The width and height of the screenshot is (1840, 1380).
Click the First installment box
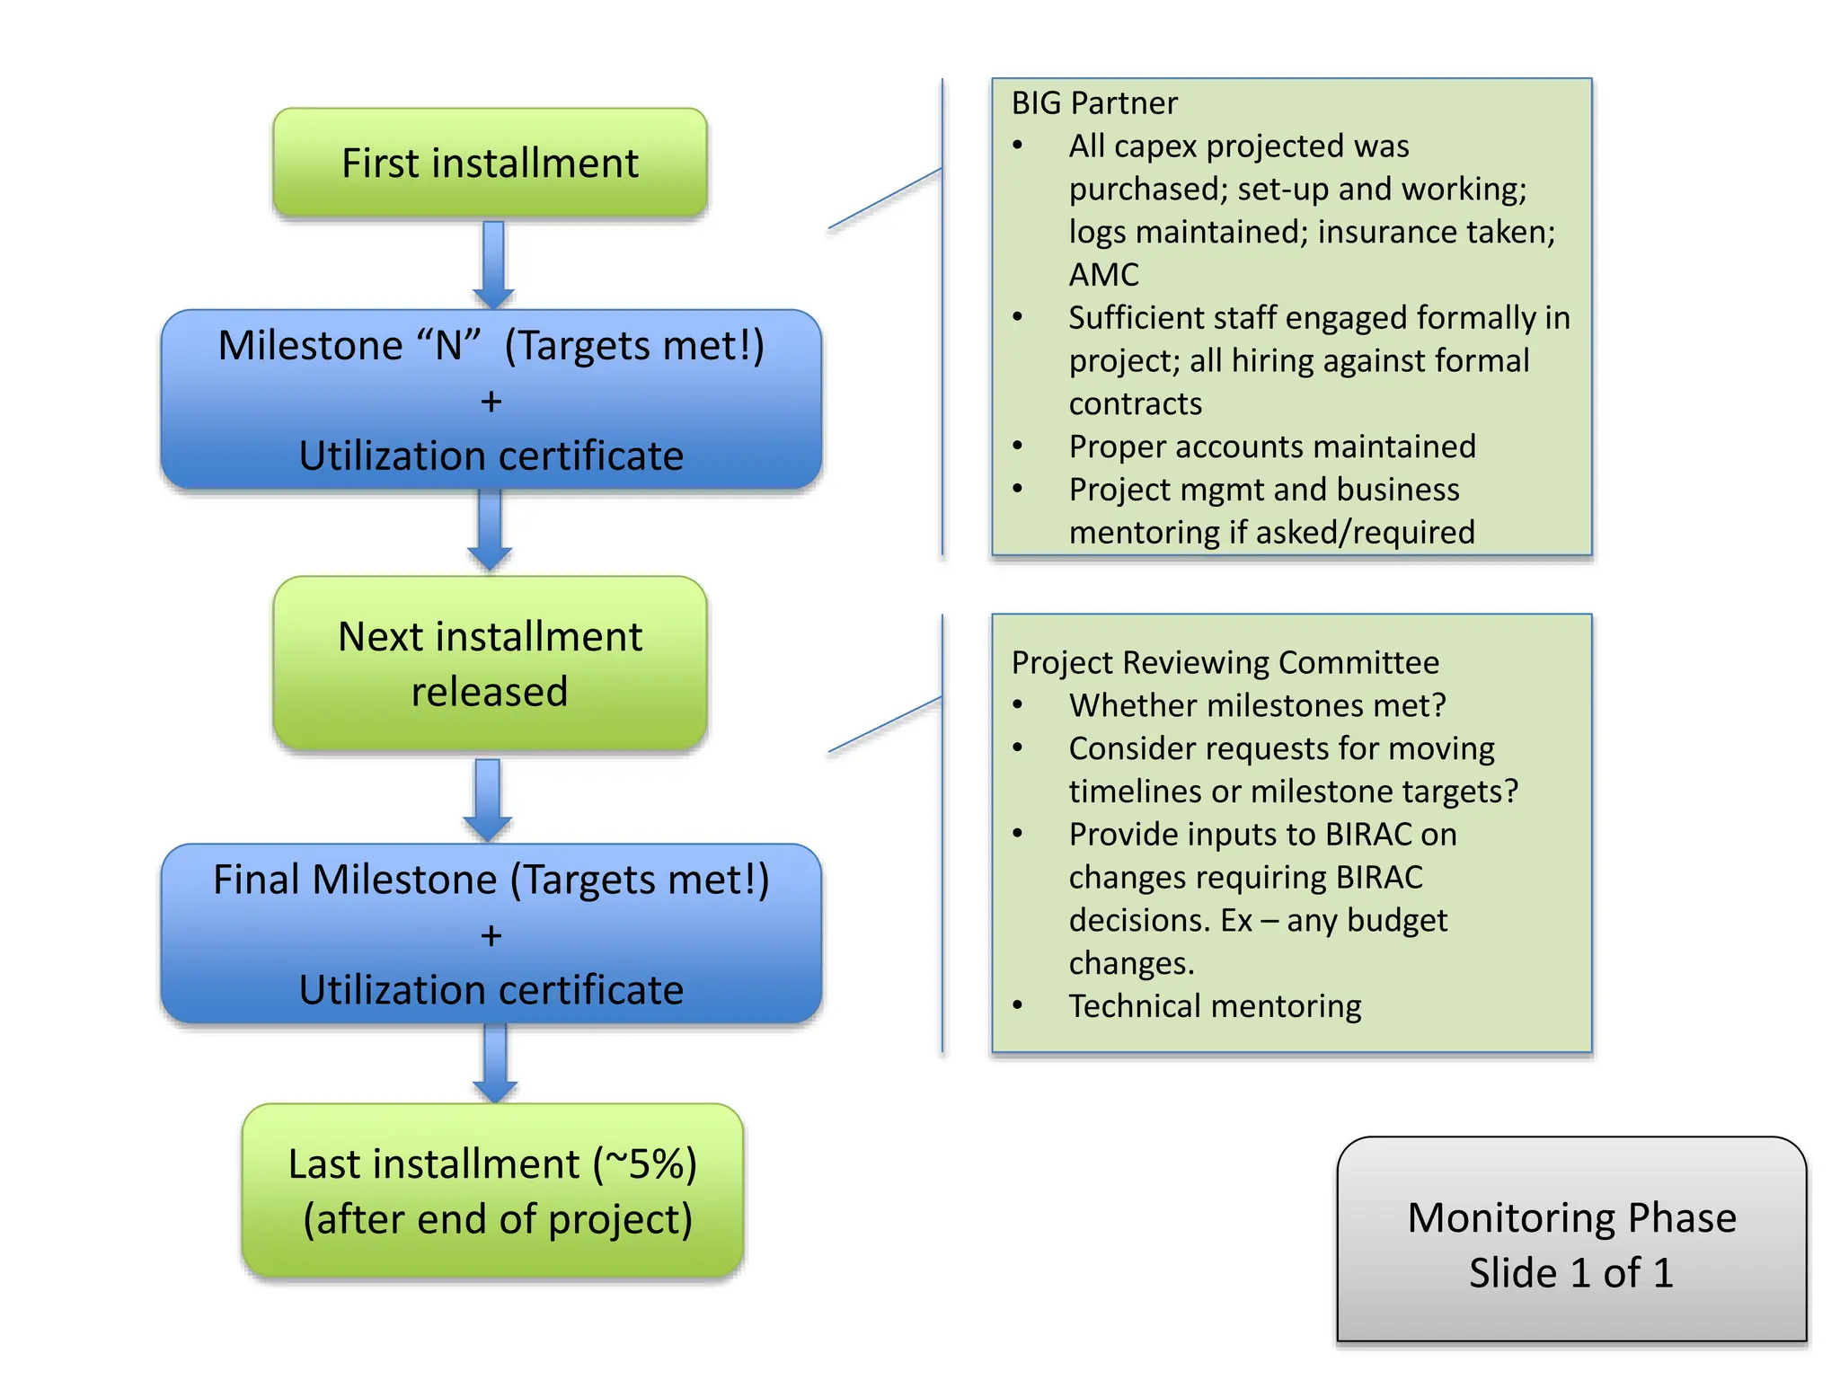tap(490, 163)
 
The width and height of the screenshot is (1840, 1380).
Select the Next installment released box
tap(490, 663)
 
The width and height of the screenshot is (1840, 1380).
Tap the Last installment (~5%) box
tap(492, 1190)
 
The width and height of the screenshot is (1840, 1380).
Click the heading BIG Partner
tap(1093, 103)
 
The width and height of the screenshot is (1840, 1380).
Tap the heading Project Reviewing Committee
tap(1225, 662)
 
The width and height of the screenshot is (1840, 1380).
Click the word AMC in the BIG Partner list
tap(1103, 274)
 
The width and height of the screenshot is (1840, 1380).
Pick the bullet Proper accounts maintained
tap(1271, 447)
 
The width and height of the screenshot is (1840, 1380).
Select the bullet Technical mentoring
tap(1215, 1005)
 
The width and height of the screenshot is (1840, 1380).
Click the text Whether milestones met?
tap(1257, 705)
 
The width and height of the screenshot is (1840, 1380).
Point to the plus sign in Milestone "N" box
tap(491, 402)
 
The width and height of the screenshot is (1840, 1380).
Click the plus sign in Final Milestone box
tap(491, 935)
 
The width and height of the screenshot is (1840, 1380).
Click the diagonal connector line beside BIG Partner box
tap(885, 199)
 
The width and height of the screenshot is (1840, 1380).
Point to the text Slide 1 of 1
tap(1570, 1273)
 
